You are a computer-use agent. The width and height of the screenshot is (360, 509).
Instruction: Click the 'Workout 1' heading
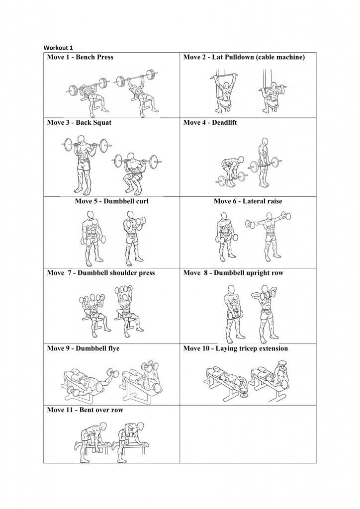[58, 48]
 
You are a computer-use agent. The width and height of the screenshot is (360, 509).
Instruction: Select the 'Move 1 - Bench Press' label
[80, 57]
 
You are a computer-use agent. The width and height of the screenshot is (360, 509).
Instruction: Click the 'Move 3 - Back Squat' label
[79, 123]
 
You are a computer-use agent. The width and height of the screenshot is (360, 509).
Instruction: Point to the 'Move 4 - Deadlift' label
[210, 123]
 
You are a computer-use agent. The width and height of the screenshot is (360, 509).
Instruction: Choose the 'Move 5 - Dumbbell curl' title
[112, 201]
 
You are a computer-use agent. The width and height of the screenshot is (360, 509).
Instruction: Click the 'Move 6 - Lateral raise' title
[248, 201]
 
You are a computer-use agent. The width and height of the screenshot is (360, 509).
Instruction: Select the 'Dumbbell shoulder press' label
[116, 273]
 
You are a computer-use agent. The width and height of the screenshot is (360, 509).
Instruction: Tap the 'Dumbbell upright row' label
[249, 273]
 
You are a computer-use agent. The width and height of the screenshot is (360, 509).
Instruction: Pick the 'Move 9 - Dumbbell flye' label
[83, 348]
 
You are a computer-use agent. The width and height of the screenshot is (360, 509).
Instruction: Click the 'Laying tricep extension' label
[252, 348]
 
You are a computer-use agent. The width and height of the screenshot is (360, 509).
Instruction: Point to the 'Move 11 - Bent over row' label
[85, 410]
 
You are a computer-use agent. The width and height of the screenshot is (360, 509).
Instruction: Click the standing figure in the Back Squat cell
[85, 164]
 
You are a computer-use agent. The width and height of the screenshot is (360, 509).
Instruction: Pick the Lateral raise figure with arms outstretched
[269, 235]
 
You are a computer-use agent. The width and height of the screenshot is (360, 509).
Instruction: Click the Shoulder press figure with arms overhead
[125, 310]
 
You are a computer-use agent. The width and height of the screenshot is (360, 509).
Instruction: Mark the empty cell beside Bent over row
[248, 434]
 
